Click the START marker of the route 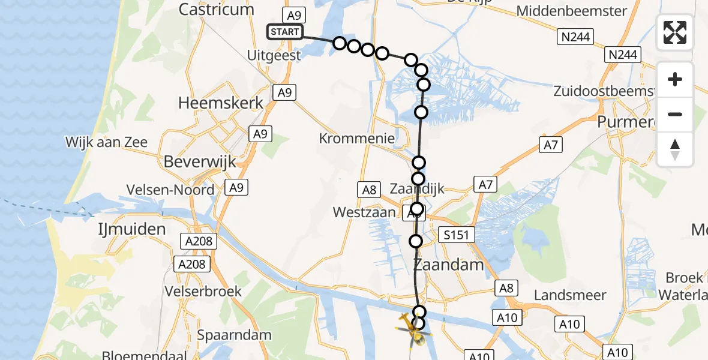pyautogui.click(x=285, y=32)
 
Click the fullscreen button pyautogui.click(x=675, y=32)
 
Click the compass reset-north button pyautogui.click(x=675, y=149)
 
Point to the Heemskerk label pyautogui.click(x=221, y=103)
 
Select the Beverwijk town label pyautogui.click(x=200, y=161)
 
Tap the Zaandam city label pyautogui.click(x=449, y=265)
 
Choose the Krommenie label pyautogui.click(x=357, y=139)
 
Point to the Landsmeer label pyautogui.click(x=570, y=295)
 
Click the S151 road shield pyautogui.click(x=456, y=235)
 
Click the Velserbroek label pyautogui.click(x=204, y=292)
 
